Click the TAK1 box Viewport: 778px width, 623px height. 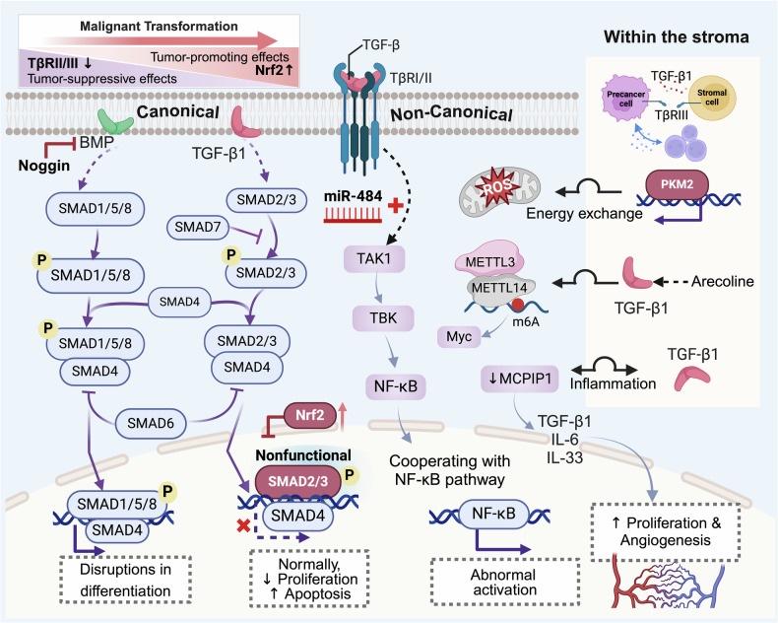click(374, 258)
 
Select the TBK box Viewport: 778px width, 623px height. click(383, 318)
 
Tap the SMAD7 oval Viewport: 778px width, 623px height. click(198, 228)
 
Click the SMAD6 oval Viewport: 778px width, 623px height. click(151, 423)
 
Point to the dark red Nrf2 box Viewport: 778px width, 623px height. click(309, 415)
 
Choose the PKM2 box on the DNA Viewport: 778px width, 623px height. click(677, 184)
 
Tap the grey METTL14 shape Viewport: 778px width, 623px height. click(498, 289)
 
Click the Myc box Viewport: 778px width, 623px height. click(459, 337)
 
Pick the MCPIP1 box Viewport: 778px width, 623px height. click(520, 379)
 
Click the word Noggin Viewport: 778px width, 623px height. click(44, 166)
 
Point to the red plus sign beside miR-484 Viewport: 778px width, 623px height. click(396, 205)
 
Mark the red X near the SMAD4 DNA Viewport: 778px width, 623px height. click(243, 526)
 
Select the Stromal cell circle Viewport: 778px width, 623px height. click(712, 98)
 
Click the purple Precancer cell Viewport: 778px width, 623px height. click(625, 99)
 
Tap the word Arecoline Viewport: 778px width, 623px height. click(723, 282)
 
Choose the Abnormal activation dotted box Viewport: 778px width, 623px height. click(505, 583)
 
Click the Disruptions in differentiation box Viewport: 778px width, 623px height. click(125, 580)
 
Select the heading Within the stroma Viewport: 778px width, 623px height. click(677, 37)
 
